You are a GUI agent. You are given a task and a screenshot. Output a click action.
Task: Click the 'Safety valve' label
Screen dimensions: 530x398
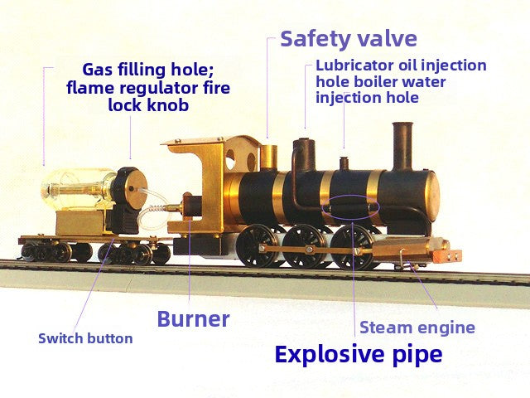point(349,39)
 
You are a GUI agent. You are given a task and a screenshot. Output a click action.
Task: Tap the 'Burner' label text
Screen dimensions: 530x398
point(193,318)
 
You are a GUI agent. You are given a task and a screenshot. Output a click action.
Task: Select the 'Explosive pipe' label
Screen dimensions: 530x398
point(359,354)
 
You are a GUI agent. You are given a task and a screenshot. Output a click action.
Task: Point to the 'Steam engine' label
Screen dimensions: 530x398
point(417,328)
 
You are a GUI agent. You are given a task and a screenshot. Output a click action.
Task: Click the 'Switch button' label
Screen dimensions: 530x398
point(85,338)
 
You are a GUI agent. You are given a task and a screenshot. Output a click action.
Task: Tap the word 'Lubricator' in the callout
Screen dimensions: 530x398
point(355,66)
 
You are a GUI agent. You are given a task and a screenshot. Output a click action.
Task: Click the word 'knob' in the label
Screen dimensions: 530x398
point(170,105)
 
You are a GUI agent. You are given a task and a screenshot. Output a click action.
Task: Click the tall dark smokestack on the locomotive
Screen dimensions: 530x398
point(402,146)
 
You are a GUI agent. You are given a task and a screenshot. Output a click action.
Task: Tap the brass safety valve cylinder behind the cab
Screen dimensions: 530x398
point(269,157)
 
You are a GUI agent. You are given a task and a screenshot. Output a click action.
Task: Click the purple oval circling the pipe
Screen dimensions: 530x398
point(350,207)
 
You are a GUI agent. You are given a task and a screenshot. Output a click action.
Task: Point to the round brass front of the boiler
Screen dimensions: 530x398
point(432,196)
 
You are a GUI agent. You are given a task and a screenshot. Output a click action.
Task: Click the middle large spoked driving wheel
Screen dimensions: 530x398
point(302,246)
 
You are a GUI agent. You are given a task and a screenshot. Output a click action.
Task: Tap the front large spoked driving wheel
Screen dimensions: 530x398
point(350,247)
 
